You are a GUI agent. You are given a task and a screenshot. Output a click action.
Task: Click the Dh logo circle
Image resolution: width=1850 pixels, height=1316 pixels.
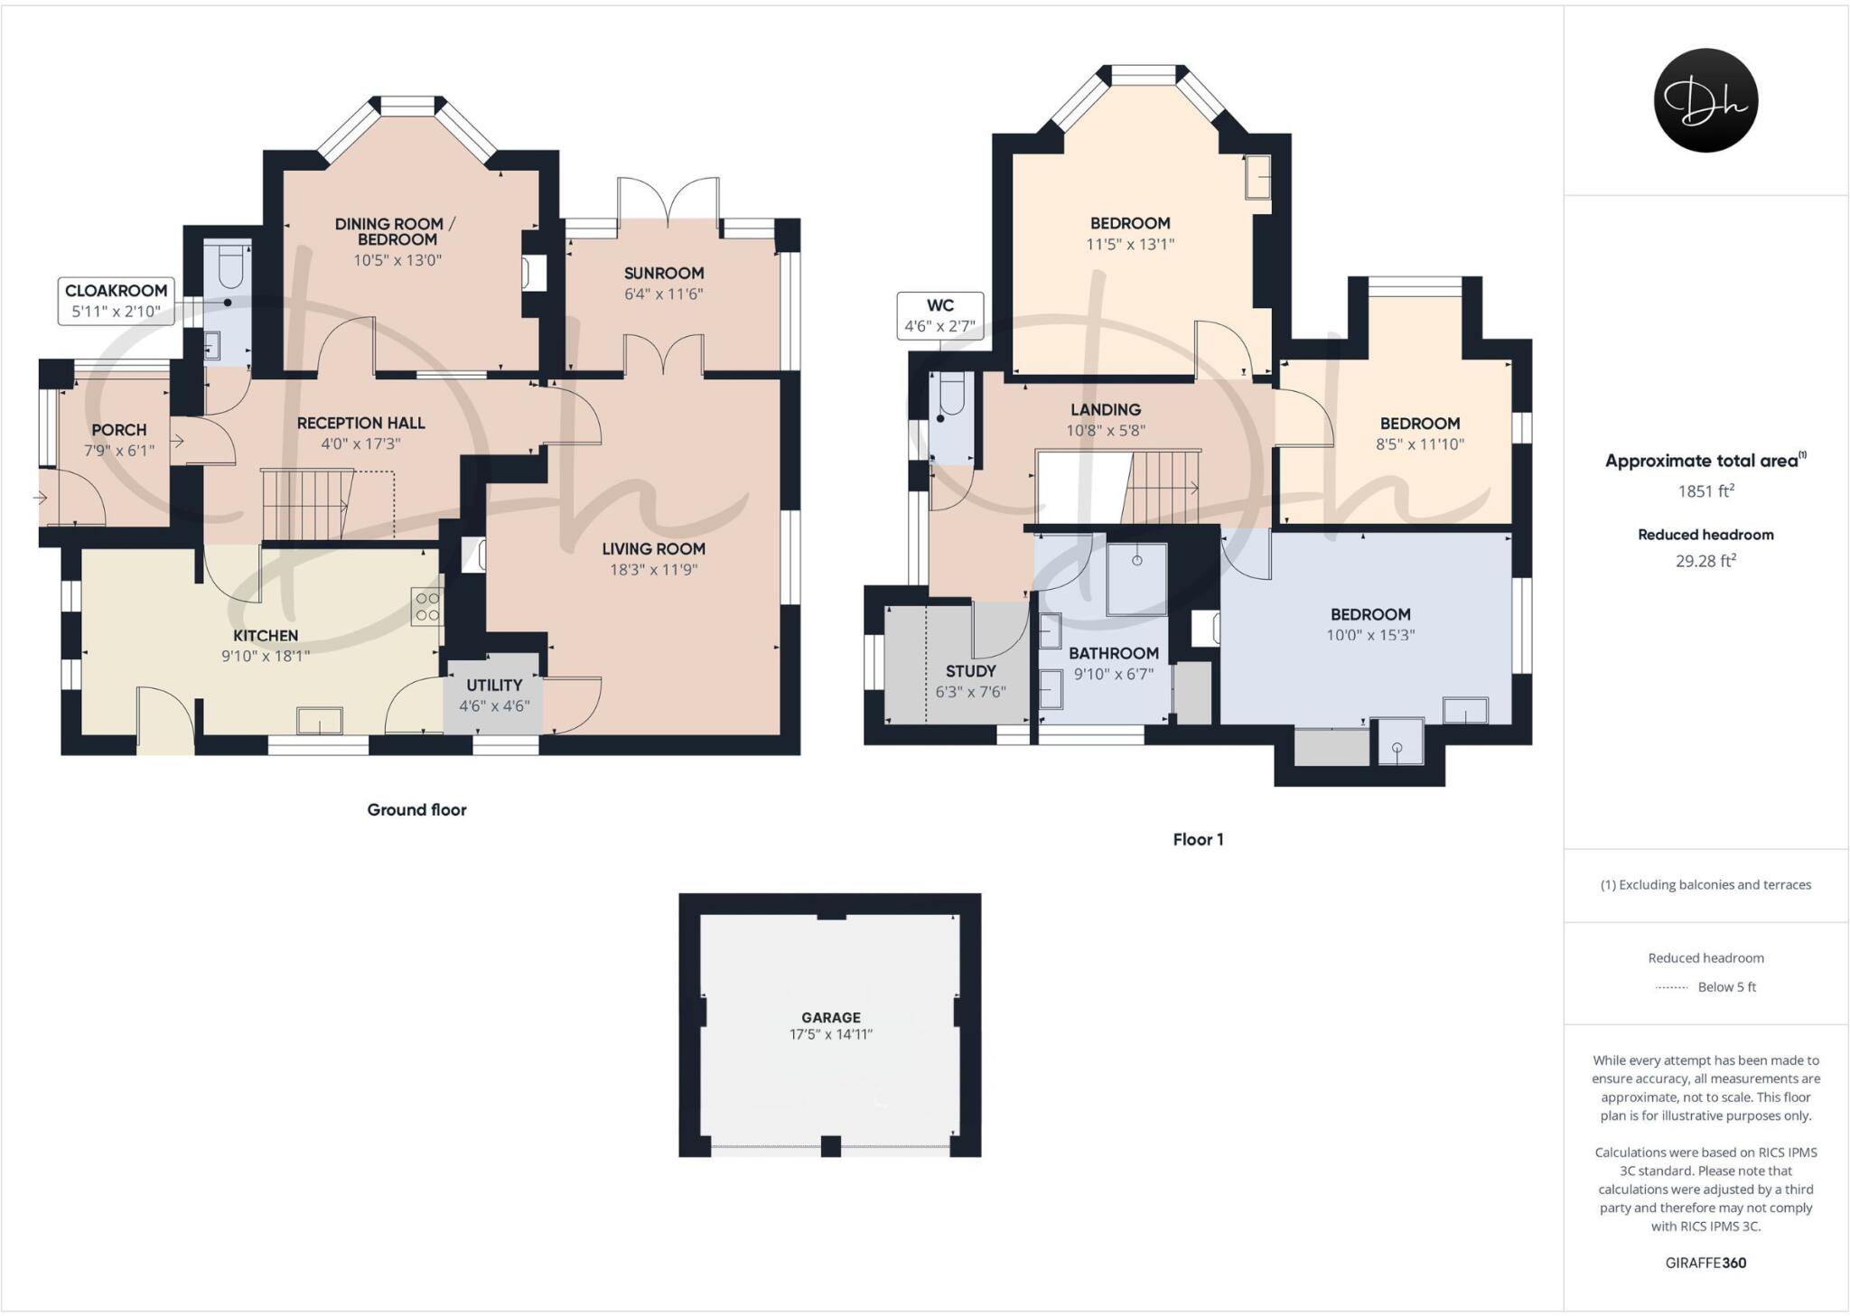point(1705,100)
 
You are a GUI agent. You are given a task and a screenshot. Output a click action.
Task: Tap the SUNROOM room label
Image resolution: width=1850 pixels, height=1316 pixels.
point(663,273)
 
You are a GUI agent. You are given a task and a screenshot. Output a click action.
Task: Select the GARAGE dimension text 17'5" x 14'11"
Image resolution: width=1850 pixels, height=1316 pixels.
point(830,1034)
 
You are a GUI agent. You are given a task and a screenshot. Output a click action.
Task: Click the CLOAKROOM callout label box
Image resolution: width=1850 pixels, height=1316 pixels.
point(116,301)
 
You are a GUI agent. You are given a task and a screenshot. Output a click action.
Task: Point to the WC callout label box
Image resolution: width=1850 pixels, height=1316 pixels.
point(939,315)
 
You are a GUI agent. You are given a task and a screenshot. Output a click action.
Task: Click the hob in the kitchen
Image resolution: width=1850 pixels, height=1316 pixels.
point(427,606)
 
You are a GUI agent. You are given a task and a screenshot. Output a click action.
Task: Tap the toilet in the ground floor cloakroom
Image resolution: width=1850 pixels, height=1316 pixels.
point(229,268)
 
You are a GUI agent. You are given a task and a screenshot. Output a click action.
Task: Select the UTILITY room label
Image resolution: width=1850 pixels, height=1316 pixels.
point(494,685)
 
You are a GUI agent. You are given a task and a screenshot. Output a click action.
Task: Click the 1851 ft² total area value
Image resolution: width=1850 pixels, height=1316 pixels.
point(1705,491)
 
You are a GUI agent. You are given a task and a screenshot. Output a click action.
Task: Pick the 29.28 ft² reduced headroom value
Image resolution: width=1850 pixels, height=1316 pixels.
point(1705,561)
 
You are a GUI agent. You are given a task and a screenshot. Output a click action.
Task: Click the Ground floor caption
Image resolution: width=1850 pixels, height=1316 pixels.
point(416,809)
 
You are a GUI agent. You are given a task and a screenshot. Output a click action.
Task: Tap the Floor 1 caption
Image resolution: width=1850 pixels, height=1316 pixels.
point(1198,839)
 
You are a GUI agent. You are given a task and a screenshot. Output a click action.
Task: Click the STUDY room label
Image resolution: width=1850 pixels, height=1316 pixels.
point(970,671)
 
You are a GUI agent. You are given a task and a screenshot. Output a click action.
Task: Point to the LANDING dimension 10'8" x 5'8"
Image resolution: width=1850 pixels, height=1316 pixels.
point(1105,431)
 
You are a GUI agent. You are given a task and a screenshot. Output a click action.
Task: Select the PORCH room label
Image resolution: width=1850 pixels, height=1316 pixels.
point(118,430)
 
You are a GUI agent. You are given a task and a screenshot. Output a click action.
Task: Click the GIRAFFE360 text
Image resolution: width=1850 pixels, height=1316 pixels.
point(1705,1263)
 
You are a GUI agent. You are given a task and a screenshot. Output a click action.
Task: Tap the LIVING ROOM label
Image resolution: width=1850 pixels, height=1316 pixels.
point(653,548)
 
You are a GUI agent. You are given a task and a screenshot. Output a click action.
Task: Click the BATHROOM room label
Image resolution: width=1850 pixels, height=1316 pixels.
point(1113,653)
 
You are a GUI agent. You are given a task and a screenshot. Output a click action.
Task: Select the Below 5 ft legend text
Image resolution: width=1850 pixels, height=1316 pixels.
point(1726,986)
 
